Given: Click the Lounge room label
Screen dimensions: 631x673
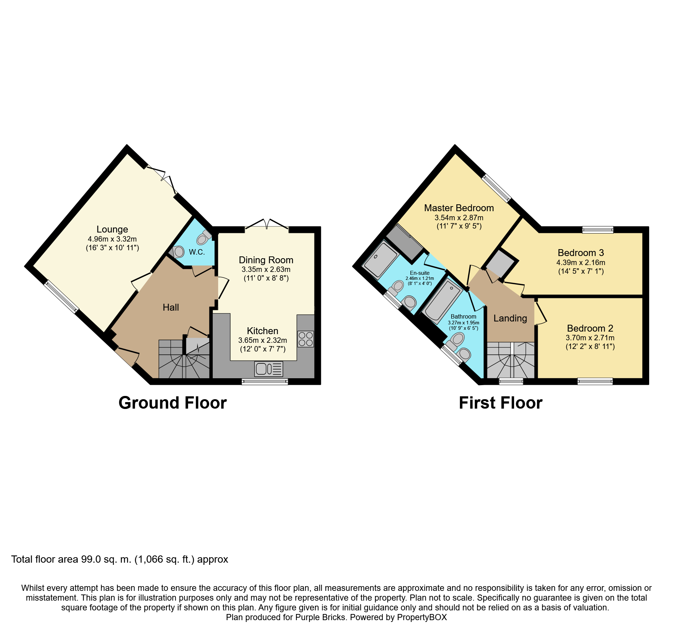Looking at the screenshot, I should click(112, 229).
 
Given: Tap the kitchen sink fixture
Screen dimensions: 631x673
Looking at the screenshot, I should click(268, 369).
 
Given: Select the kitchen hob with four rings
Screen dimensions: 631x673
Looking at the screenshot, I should click(306, 339).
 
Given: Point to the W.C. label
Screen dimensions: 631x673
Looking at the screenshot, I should click(197, 252).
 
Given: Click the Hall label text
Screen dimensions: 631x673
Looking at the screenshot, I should click(171, 307).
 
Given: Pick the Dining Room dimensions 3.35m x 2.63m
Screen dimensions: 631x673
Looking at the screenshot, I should click(266, 269).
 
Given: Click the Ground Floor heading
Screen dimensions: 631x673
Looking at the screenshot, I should click(173, 403).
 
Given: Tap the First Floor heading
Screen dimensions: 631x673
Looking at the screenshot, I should click(500, 403).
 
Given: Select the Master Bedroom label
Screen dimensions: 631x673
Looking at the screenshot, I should click(459, 208).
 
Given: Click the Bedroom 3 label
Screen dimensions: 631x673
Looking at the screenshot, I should click(581, 253).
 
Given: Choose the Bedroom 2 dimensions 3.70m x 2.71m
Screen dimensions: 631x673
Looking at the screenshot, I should click(590, 338).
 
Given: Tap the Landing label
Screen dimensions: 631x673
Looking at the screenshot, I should click(510, 318).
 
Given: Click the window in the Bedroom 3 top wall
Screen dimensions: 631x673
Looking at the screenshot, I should click(598, 229).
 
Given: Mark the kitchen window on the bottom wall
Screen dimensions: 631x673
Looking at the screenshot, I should click(264, 381).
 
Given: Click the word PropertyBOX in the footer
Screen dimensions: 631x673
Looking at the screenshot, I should click(422, 617).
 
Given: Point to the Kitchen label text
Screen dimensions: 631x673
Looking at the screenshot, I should click(262, 331).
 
